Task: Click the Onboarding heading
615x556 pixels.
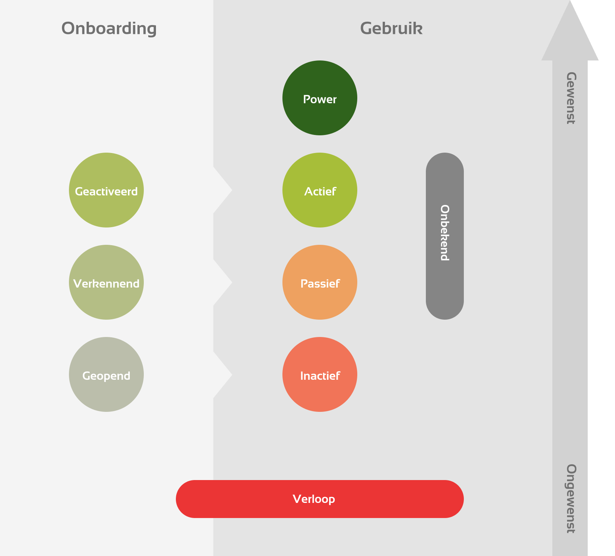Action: click(x=109, y=28)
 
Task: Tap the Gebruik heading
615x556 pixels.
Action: click(x=391, y=28)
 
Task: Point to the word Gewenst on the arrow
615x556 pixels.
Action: click(x=570, y=98)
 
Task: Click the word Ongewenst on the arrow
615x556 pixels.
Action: click(x=570, y=498)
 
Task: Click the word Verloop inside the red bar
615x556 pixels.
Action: click(x=314, y=499)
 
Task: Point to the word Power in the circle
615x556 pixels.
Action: click(x=320, y=99)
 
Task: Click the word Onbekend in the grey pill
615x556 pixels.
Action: click(x=445, y=233)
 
